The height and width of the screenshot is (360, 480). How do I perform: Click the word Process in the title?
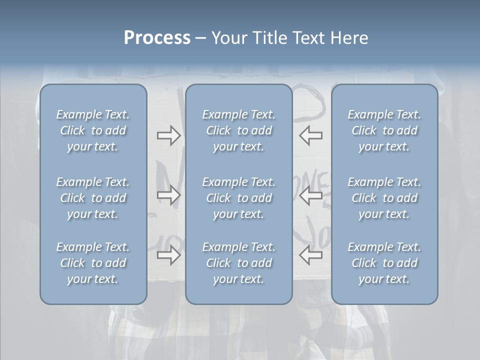click(157, 38)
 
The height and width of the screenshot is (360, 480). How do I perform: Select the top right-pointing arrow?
click(168, 135)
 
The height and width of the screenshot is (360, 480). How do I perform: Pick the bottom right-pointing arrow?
click(168, 255)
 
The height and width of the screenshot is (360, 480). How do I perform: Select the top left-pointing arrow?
click(310, 135)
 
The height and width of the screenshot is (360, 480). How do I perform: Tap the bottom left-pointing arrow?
click(310, 255)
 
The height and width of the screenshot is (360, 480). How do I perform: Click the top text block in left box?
click(93, 130)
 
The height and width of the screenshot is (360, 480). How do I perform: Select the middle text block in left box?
click(93, 198)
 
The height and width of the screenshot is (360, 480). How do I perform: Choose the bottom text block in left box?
click(93, 263)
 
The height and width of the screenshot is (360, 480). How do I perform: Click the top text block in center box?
click(239, 130)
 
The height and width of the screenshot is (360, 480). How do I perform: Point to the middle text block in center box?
click(239, 198)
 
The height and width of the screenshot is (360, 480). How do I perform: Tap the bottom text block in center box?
click(239, 263)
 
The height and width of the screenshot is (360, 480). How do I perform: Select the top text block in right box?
click(384, 130)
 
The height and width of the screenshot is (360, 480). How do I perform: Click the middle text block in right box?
click(384, 198)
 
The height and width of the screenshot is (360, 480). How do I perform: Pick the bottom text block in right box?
click(384, 263)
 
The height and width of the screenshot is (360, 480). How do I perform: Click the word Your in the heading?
click(227, 38)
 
